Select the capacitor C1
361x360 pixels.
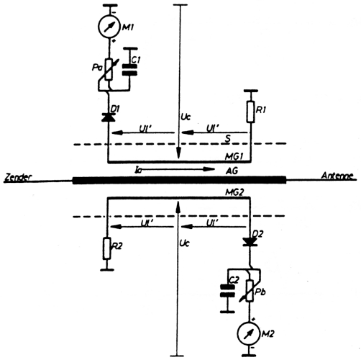[x=129, y=70]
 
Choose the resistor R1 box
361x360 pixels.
[x=250, y=111]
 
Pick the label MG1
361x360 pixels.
[x=232, y=156]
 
